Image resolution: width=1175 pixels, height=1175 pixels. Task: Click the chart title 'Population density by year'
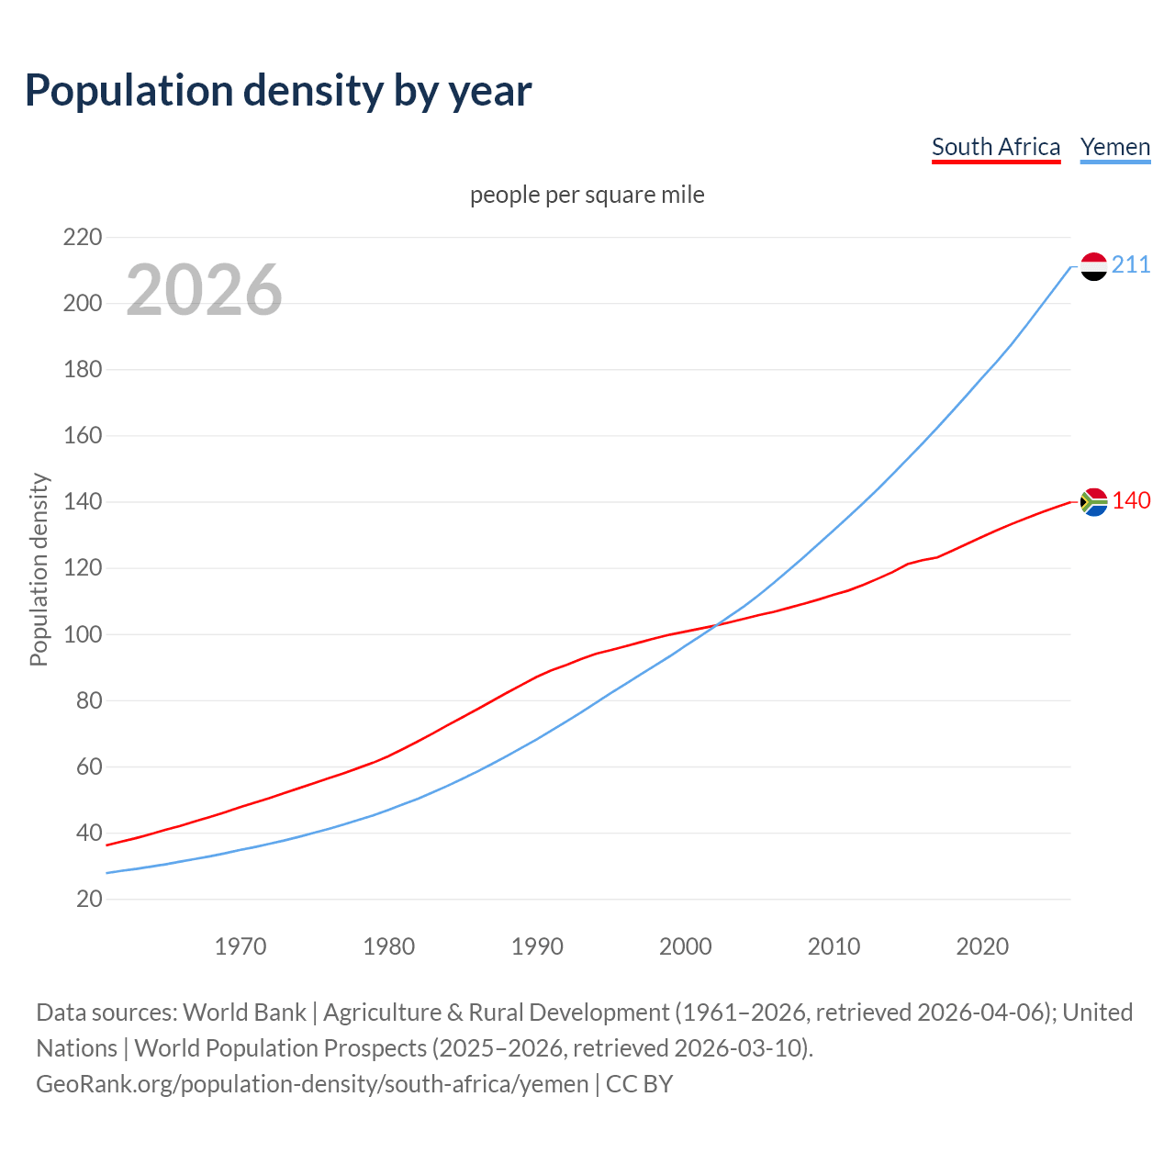[x=278, y=90]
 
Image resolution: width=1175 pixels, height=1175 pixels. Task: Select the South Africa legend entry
[x=996, y=147]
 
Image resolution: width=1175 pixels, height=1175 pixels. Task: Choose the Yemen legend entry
[x=1115, y=147]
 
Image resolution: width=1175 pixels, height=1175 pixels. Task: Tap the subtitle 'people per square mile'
[x=587, y=195]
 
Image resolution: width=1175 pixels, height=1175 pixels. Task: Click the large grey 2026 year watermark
[x=204, y=290]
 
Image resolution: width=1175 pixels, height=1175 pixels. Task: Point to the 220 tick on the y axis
[x=83, y=238]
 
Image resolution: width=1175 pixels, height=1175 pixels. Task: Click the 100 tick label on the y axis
[x=83, y=634]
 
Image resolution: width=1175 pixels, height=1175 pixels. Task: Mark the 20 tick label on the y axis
[x=89, y=899]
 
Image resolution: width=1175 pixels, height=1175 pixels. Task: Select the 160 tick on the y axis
[x=83, y=436]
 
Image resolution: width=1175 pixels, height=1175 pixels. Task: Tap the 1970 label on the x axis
[x=241, y=946]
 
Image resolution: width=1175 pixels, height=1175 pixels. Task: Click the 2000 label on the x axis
[x=686, y=946]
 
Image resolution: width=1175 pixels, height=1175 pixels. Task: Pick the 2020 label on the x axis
[x=982, y=946]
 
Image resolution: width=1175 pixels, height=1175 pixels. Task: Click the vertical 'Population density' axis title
[x=39, y=569]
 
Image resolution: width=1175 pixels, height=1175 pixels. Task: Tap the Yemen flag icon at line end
[x=1093, y=266]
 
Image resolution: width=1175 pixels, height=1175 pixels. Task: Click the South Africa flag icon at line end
[x=1093, y=501]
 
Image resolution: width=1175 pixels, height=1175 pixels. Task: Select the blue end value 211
[x=1131, y=265]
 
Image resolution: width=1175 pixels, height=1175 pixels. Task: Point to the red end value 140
[x=1131, y=500]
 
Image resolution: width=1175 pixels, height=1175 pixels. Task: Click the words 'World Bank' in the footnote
[x=244, y=1013]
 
